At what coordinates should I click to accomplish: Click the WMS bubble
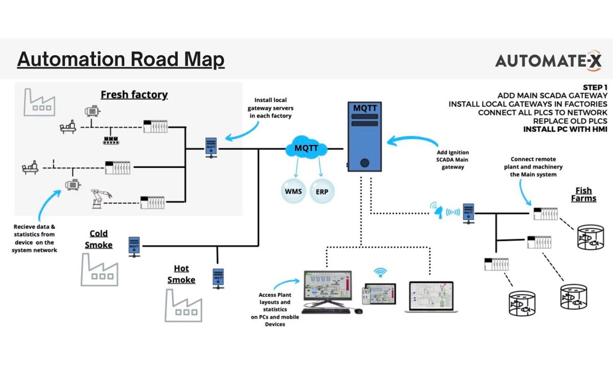tap(293, 192)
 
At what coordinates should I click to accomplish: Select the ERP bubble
tap(322, 192)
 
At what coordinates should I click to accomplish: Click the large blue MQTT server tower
tap(365, 138)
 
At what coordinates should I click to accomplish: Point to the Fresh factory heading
tap(134, 94)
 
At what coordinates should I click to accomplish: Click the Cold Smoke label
tap(99, 239)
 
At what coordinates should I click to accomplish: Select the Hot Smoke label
tap(181, 274)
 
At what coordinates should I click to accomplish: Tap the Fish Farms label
tap(583, 194)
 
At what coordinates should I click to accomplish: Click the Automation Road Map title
tap(121, 60)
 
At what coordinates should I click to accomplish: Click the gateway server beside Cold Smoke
tap(134, 246)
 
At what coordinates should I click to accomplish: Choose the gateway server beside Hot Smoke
tap(218, 278)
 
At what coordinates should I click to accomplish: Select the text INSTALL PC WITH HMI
tap(565, 130)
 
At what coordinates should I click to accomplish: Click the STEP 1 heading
tap(595, 87)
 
